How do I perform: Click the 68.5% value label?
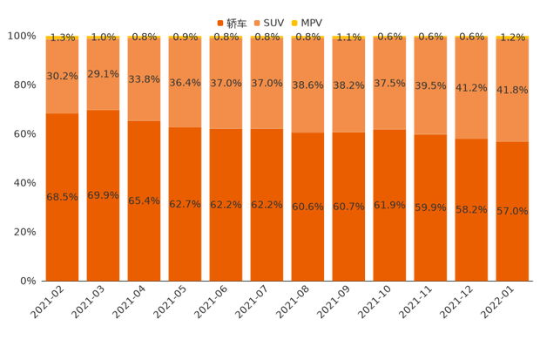pos(62,197)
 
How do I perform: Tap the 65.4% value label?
pos(144,200)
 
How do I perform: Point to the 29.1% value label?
pos(103,75)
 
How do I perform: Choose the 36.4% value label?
pos(185,83)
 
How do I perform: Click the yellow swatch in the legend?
pos(294,21)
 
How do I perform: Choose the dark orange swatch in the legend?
pos(220,21)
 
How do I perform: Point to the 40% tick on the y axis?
pos(23,183)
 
